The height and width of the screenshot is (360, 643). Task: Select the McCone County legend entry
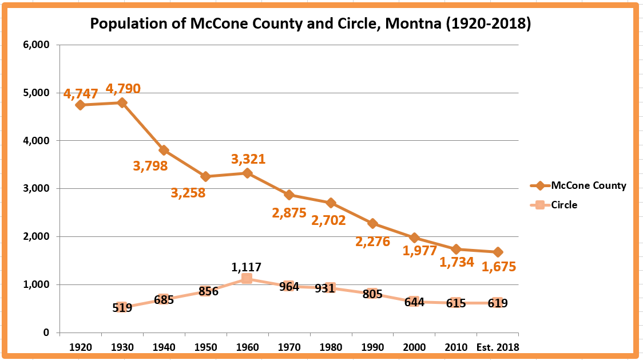pos(588,185)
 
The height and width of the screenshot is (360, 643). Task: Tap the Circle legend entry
pos(564,205)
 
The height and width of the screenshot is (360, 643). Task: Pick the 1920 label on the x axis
pos(80,347)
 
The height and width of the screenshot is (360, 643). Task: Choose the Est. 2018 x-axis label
pos(498,347)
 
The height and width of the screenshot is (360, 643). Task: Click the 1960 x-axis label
pos(247,347)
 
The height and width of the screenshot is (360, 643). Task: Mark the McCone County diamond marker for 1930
pos(122,103)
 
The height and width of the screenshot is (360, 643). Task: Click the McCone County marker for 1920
pos(80,105)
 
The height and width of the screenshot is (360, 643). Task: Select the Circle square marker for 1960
pos(247,279)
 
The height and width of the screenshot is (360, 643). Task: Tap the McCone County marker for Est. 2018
pos(498,252)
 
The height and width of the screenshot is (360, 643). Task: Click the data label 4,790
pos(123,89)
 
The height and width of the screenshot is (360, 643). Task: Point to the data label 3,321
pos(248,159)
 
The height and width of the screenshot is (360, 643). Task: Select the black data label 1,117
pos(247,267)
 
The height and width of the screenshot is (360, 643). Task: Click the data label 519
pos(122,308)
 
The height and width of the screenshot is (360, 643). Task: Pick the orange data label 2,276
pos(372,242)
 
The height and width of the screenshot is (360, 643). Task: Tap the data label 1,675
pos(499,267)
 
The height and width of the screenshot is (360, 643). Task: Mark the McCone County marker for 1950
pos(205,176)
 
